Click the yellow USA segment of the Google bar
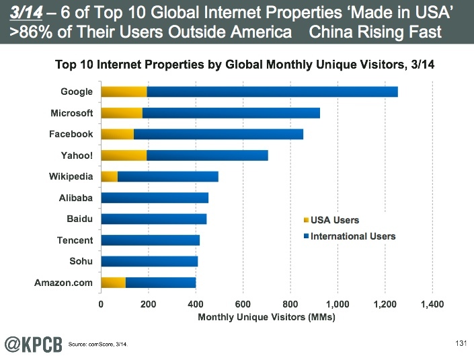click(x=124, y=92)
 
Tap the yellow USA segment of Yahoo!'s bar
click(x=124, y=155)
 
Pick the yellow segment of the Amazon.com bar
click(x=113, y=283)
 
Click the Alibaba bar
click(x=155, y=198)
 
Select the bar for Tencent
click(x=150, y=240)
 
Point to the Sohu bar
click(x=149, y=261)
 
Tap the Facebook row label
click(x=71, y=134)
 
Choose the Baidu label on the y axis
click(x=79, y=219)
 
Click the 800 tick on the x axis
click(x=290, y=304)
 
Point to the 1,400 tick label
click(x=432, y=304)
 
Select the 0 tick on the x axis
click(x=101, y=304)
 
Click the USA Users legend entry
click(x=334, y=220)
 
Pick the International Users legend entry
click(x=352, y=236)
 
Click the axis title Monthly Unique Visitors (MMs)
click(x=266, y=316)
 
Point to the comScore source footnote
click(x=98, y=345)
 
